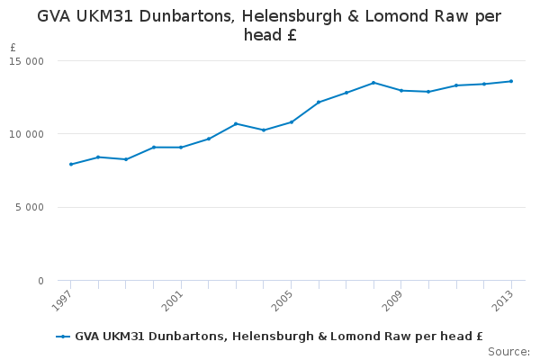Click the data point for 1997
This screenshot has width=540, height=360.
click(70, 164)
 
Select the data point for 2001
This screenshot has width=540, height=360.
click(181, 147)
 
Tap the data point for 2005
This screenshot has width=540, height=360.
click(291, 121)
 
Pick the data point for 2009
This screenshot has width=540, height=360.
click(400, 90)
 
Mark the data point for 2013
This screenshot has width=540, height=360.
click(511, 81)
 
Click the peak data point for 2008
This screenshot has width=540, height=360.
click(373, 83)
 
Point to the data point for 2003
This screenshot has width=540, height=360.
click(236, 123)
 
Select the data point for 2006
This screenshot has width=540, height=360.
click(319, 102)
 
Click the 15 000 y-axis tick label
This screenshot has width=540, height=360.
click(27, 61)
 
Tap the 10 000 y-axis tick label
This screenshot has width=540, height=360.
click(27, 134)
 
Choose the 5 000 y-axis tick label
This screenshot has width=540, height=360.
click(30, 208)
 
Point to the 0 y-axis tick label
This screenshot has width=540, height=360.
click(40, 281)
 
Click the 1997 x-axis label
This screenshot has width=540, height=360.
click(63, 300)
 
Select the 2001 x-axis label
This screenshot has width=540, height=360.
click(173, 300)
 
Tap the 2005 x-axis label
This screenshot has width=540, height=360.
click(283, 300)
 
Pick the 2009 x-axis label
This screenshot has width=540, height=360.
click(393, 300)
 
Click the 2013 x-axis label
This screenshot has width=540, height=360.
click(504, 300)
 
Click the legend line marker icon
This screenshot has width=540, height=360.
click(63, 337)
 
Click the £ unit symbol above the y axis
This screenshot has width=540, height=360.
click(13, 48)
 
